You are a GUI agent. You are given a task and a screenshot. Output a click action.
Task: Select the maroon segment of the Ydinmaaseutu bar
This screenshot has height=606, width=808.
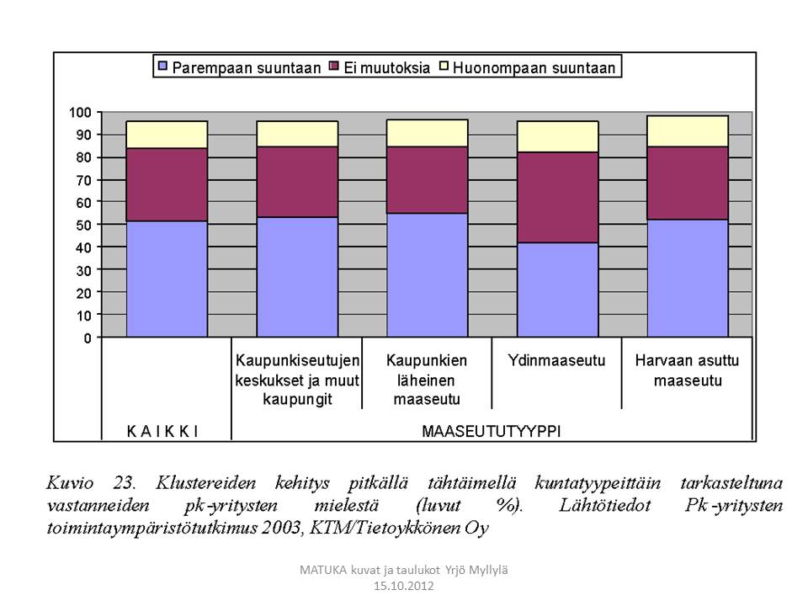(x=557, y=197)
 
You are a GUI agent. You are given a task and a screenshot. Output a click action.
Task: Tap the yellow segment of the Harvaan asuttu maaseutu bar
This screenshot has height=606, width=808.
(x=687, y=131)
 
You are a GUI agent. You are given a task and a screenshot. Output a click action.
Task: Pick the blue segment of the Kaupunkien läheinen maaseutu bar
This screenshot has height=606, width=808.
(x=427, y=275)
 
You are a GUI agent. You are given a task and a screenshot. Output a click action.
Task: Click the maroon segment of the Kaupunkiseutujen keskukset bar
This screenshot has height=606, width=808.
(x=297, y=182)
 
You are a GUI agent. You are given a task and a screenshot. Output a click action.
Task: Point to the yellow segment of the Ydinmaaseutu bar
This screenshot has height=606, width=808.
(x=557, y=136)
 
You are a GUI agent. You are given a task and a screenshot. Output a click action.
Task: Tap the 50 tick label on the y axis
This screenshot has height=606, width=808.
(x=82, y=225)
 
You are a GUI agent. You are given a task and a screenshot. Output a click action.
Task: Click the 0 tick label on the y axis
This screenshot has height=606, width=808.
(x=86, y=338)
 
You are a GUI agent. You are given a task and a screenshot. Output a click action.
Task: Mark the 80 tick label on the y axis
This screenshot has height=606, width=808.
(x=82, y=157)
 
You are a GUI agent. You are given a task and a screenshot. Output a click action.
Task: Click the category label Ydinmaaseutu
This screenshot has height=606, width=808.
(x=556, y=360)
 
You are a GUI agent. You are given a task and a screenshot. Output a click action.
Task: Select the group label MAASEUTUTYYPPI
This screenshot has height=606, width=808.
(x=492, y=431)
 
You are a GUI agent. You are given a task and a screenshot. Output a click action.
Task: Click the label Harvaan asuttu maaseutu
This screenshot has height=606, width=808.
(x=687, y=370)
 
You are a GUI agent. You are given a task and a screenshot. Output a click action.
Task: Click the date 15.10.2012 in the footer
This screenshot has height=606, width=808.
(x=404, y=585)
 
